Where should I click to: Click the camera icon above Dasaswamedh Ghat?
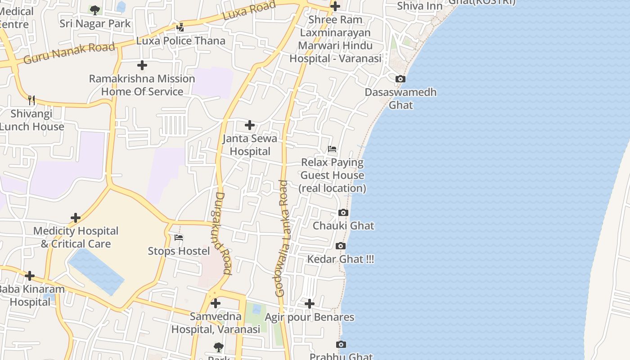(x=400, y=79)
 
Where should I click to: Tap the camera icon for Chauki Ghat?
(x=343, y=213)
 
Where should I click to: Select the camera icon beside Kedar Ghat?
(x=341, y=246)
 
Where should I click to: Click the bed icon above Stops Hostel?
(x=179, y=238)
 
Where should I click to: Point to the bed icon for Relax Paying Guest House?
(x=332, y=149)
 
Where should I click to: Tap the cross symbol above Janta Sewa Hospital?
(x=250, y=125)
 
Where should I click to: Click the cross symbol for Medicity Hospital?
(x=76, y=218)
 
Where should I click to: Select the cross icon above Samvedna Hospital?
(x=216, y=303)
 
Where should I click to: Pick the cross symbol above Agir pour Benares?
(x=310, y=304)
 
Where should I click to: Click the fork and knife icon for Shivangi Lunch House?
(x=31, y=100)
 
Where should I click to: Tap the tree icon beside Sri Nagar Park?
(x=94, y=10)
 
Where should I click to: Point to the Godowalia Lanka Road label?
(x=282, y=238)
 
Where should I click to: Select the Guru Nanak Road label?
(x=69, y=53)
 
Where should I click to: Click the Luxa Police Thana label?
(x=181, y=41)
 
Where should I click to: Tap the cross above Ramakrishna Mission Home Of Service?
(x=142, y=65)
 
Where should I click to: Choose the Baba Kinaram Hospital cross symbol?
(x=30, y=275)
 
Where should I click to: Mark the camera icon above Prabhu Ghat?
(x=341, y=345)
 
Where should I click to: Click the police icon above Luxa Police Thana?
(x=180, y=27)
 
